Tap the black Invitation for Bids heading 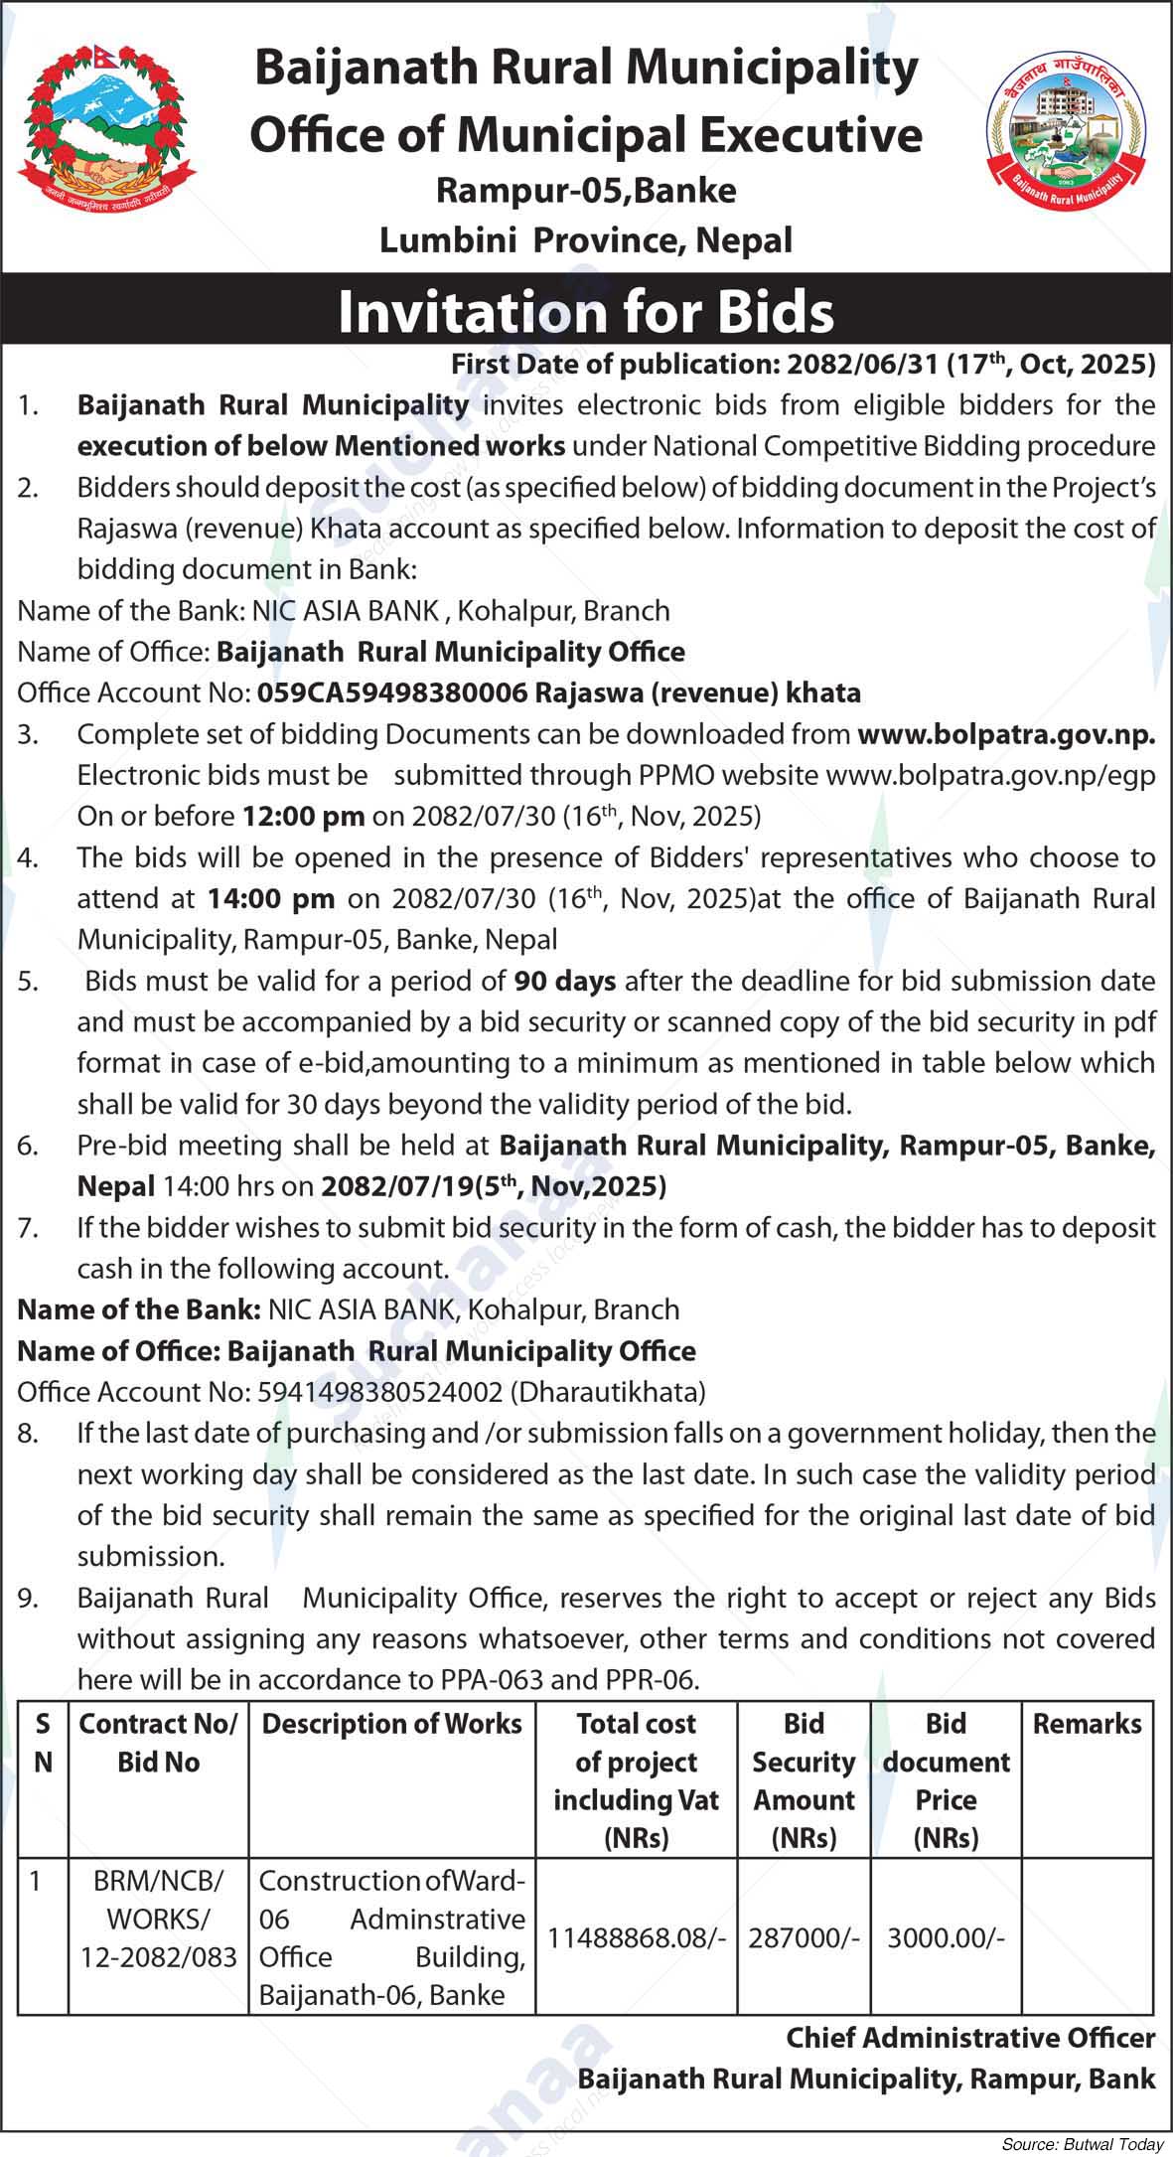586,311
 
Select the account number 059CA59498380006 392,693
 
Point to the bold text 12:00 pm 304,817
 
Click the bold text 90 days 565,982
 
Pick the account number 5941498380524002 379,1392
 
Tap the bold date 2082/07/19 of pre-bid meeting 396,1186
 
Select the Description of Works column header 391,1724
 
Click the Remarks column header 1088,1724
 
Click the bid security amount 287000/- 804,1937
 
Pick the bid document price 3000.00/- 947,1937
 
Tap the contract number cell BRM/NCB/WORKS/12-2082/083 158,1919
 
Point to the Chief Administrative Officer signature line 970,2038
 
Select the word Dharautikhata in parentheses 608,1392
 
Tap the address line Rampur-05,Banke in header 586,190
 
